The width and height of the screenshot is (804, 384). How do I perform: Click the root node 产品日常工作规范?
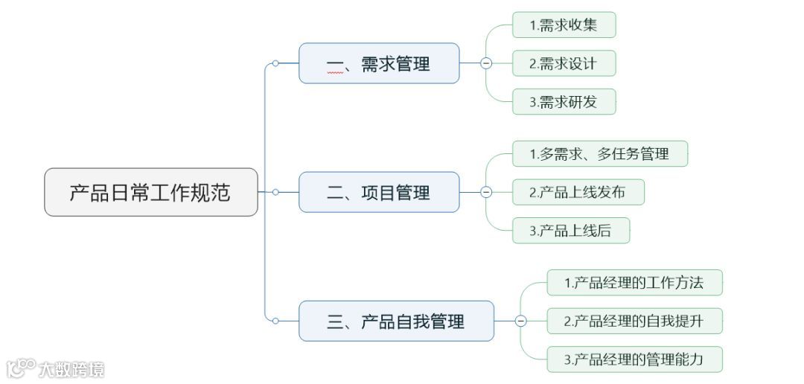[x=151, y=192]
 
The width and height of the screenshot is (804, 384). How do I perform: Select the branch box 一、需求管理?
[x=379, y=63]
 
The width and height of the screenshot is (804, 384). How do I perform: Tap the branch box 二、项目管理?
[x=379, y=192]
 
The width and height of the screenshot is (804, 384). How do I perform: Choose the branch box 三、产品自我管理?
[x=396, y=321]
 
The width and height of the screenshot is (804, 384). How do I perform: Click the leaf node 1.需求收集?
[x=564, y=25]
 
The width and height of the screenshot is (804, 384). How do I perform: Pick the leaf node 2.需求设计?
[x=564, y=63]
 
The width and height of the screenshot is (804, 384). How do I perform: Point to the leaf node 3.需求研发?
[x=564, y=102]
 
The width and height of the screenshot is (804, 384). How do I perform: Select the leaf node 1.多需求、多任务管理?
[x=599, y=153]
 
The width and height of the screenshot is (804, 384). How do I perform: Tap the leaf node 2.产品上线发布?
[x=578, y=192]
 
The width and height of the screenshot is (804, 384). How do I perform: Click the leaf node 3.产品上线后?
[x=570, y=231]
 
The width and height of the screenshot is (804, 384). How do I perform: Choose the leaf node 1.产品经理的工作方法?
[x=634, y=283]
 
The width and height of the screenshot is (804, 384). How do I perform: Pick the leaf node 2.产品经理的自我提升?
[x=634, y=321]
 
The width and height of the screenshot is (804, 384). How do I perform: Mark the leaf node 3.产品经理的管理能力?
[x=634, y=360]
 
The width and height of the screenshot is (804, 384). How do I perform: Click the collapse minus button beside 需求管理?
[x=486, y=63]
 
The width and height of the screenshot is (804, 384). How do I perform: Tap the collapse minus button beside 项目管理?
[x=486, y=192]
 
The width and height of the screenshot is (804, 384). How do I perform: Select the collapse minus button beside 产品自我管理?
[x=520, y=321]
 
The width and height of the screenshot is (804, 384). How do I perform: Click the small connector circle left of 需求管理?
[x=275, y=63]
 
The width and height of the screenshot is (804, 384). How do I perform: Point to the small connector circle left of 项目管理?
[x=275, y=192]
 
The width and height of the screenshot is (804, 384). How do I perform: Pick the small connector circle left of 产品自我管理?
[x=275, y=321]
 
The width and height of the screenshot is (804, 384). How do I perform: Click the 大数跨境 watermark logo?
[x=56, y=368]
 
